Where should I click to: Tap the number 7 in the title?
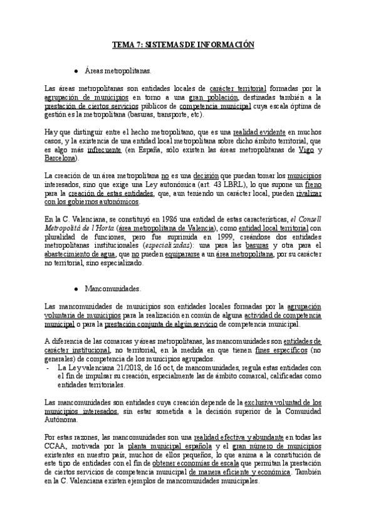[138, 45]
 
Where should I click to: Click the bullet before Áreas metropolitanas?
[75, 72]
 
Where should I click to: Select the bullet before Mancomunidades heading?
[75, 289]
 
